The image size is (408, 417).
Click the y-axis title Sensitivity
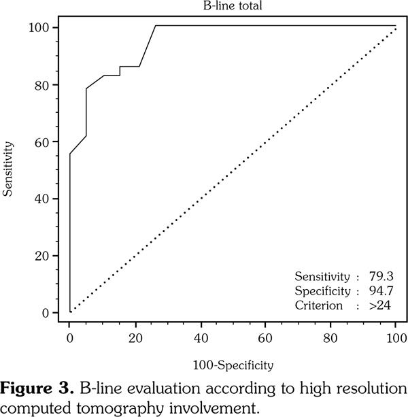pos(9,169)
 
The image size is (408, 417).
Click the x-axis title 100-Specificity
pos(233,366)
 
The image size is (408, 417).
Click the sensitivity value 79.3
pos(381,276)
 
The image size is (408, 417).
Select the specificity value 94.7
pos(381,291)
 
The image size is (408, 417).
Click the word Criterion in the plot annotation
pos(318,306)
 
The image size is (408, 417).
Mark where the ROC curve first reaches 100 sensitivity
pos(155,26)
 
